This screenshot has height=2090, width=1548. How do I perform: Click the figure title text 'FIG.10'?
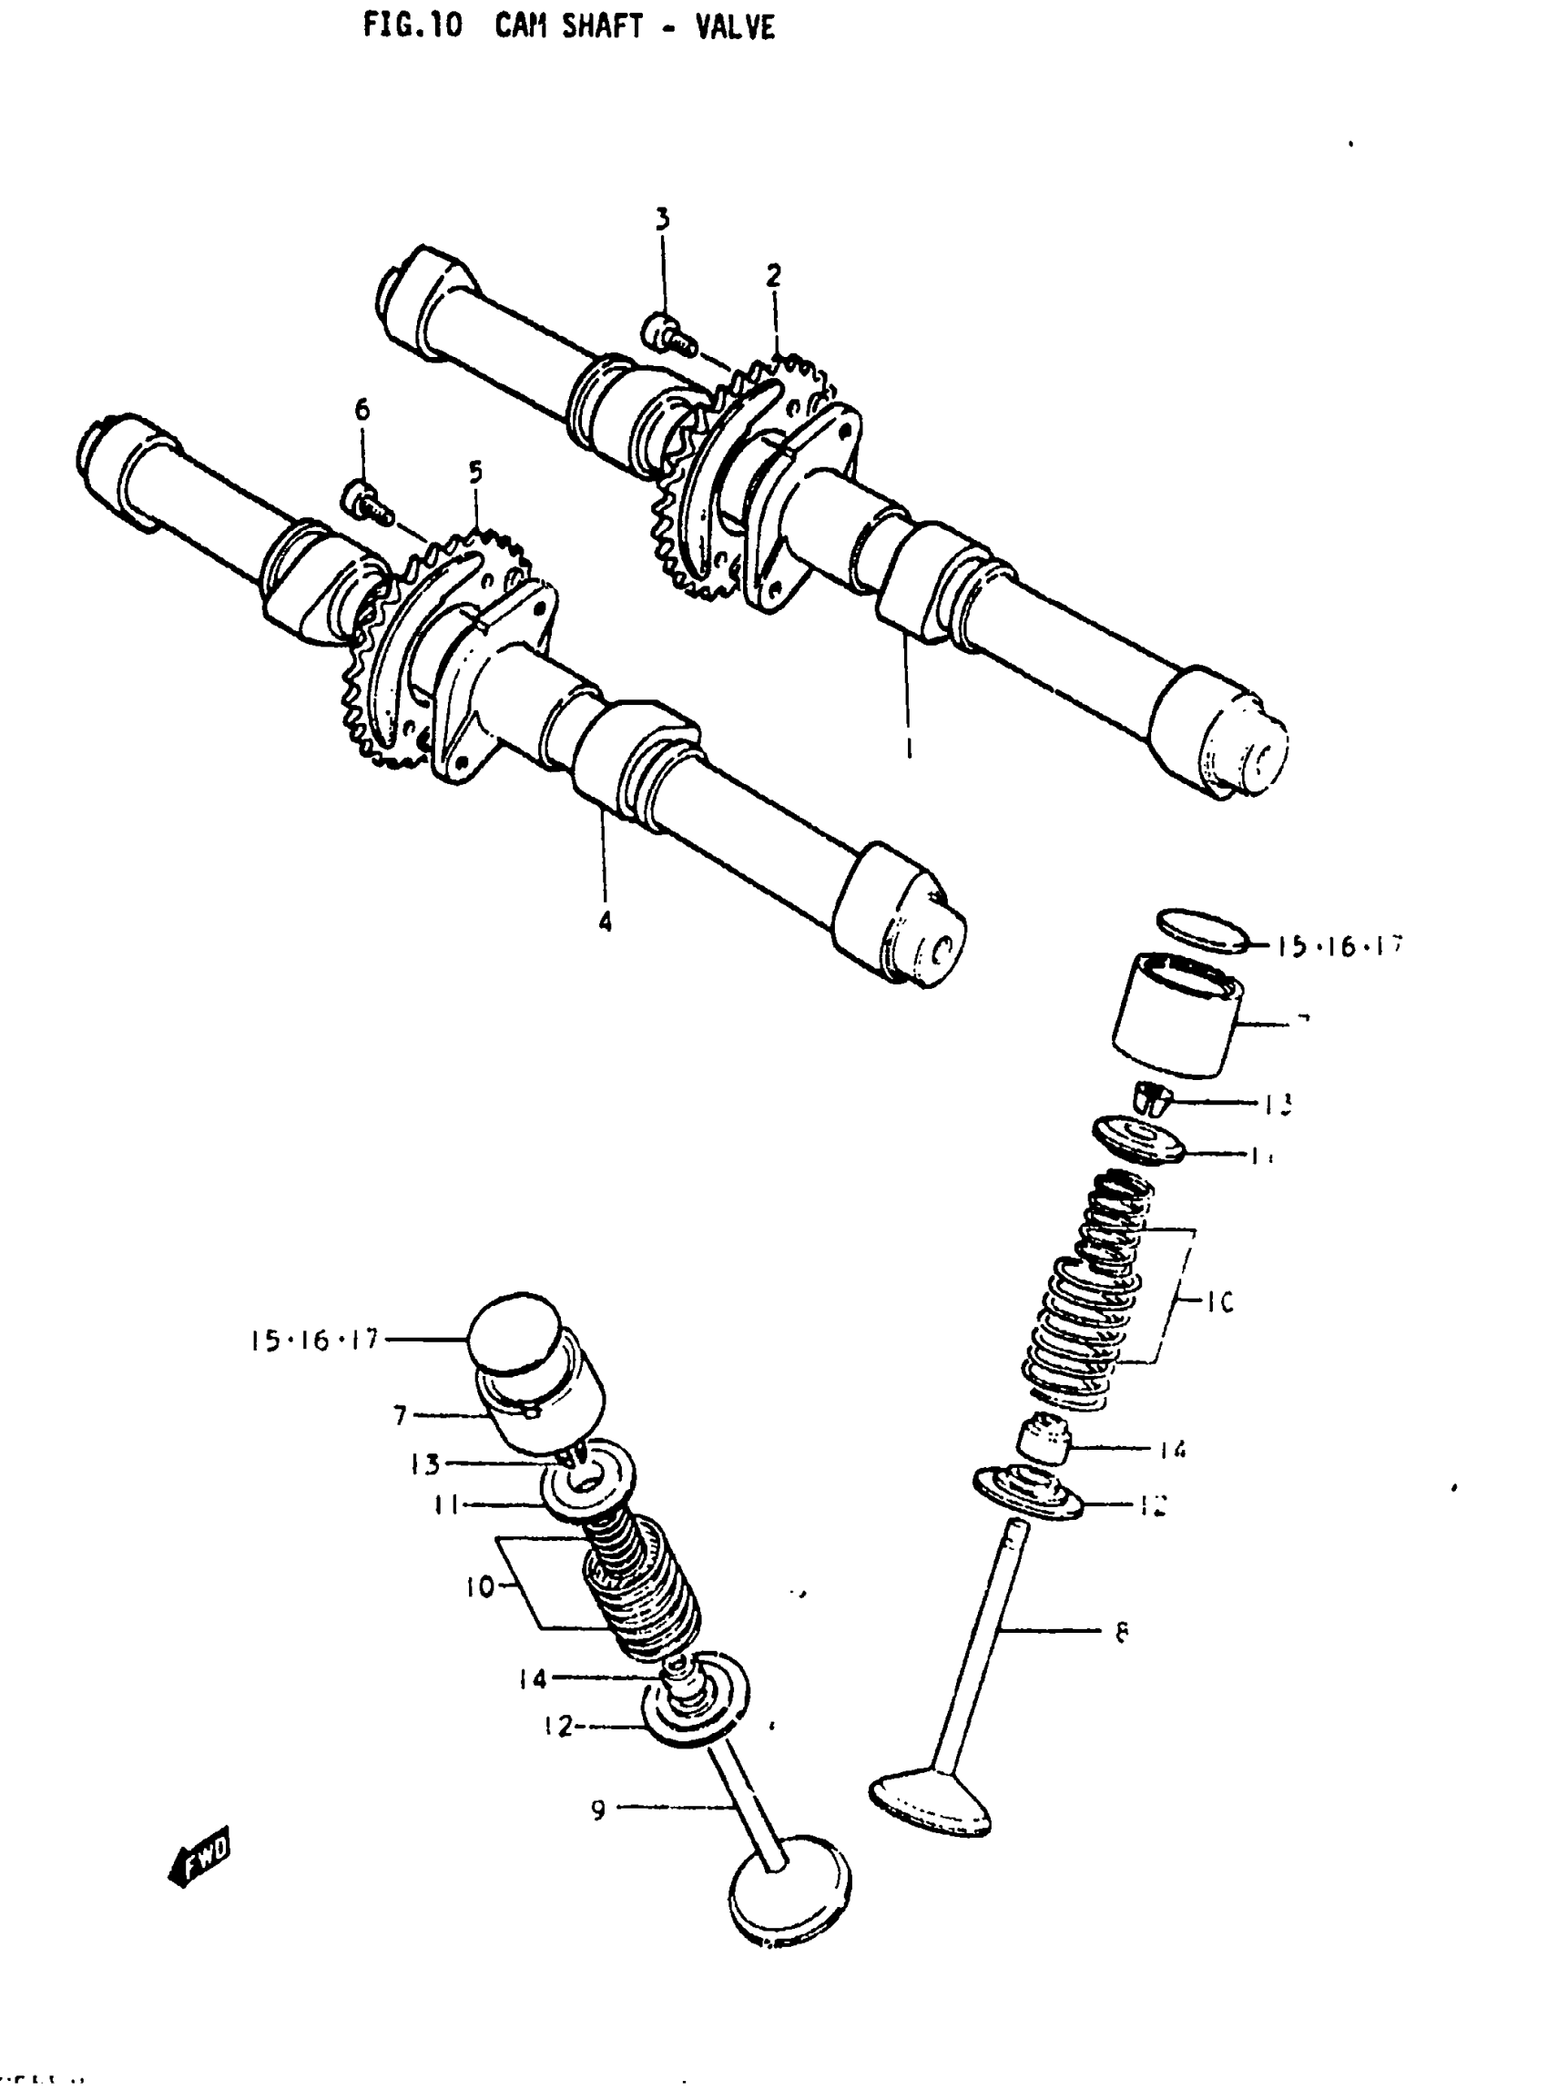pyautogui.click(x=412, y=26)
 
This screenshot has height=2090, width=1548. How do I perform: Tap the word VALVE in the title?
pyautogui.click(x=735, y=27)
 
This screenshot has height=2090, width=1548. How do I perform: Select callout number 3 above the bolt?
pyautogui.click(x=662, y=219)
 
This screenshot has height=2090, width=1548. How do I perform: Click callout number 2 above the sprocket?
pyautogui.click(x=773, y=276)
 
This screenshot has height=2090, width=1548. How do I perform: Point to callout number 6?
pyautogui.click(x=362, y=410)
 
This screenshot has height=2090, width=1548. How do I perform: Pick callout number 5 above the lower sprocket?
pyautogui.click(x=476, y=473)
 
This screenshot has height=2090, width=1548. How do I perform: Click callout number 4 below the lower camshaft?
pyautogui.click(x=606, y=923)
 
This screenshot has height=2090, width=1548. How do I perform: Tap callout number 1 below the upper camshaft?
pyautogui.click(x=908, y=748)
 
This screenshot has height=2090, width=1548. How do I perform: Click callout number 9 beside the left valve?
pyautogui.click(x=599, y=1810)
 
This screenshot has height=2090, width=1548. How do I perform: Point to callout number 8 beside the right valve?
pyautogui.click(x=1122, y=1632)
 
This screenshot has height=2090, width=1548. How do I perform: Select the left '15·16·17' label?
pyautogui.click(x=313, y=1341)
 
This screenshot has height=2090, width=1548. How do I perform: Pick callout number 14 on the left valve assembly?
pyautogui.click(x=533, y=1678)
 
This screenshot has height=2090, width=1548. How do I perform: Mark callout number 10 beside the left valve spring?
pyautogui.click(x=479, y=1587)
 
